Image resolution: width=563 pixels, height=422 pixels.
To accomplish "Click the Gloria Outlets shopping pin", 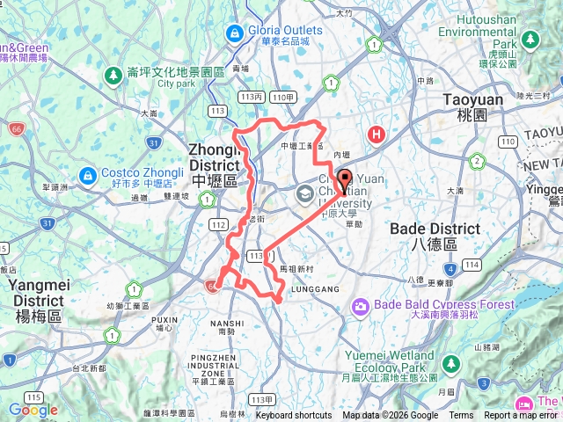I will pyautogui.click(x=233, y=33).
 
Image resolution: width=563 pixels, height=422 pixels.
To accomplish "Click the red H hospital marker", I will pyautogui.click(x=377, y=135).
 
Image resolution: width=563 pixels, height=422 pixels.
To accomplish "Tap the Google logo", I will pyautogui.click(x=33, y=411).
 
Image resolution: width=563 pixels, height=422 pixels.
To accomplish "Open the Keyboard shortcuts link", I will pyautogui.click(x=294, y=416).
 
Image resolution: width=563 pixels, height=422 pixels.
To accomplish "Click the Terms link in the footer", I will pyautogui.click(x=461, y=416).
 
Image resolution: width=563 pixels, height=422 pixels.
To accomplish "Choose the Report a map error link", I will pyautogui.click(x=524, y=416).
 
